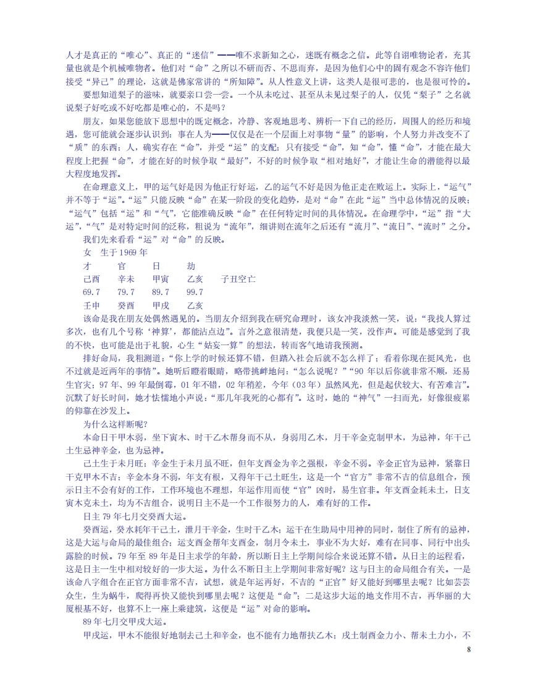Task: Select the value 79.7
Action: (126, 292)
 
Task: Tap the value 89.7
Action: (161, 292)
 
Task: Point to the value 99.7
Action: (195, 292)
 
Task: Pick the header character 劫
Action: (191, 265)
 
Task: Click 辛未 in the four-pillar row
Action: (126, 279)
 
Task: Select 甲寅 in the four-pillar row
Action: (161, 279)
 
